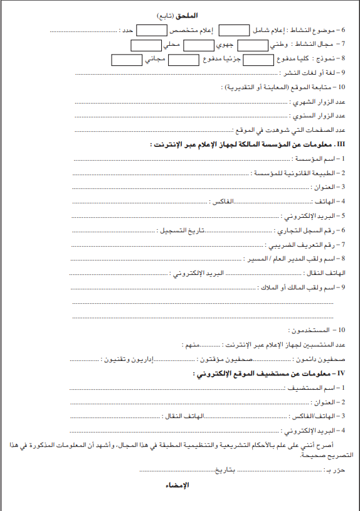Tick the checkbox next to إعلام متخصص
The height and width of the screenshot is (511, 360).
pyautogui.click(x=151, y=30)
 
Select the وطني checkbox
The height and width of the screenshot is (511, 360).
pyautogui.click(x=253, y=45)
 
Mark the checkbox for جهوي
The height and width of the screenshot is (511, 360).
pyautogui.click(x=199, y=45)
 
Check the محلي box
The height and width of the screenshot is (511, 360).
pyautogui.click(x=146, y=45)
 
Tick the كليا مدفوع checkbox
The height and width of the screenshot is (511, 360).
pyautogui.click(x=258, y=60)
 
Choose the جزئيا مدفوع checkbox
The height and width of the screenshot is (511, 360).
pyautogui.click(x=184, y=60)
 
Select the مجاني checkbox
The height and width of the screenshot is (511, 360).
pyautogui.click(x=126, y=60)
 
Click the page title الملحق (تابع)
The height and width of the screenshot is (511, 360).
pyautogui.click(x=180, y=14)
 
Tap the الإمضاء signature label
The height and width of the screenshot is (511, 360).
pyautogui.click(x=178, y=485)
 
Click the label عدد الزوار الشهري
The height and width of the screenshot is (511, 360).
pyautogui.click(x=319, y=102)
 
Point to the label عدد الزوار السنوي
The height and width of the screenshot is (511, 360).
pyautogui.click(x=319, y=116)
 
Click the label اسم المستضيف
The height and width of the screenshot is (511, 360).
pyautogui.click(x=314, y=388)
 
